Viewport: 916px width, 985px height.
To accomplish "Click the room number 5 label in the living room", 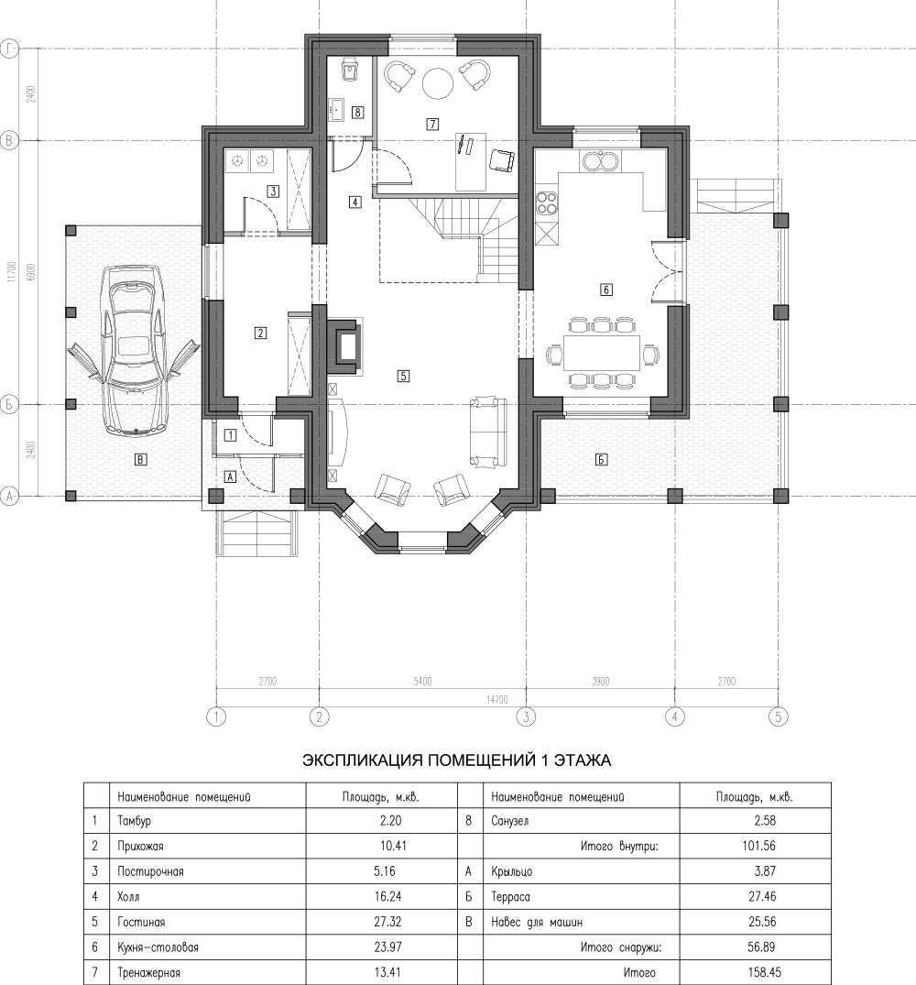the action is pos(404,376).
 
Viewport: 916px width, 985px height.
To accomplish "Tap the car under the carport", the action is pos(135,351).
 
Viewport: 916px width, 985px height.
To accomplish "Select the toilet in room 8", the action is pos(349,70).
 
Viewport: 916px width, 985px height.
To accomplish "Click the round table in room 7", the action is pos(437,82).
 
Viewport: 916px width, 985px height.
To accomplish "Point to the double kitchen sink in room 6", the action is pos(601,161).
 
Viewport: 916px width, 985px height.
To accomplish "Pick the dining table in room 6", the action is pos(602,353).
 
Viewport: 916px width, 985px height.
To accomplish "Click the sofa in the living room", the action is pos(489,432).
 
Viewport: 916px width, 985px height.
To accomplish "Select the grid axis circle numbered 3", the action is pos(526,717).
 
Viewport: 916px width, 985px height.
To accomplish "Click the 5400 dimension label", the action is pos(422,681).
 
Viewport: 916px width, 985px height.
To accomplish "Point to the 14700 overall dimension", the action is pos(497,699).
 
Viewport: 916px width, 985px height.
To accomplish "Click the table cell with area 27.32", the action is pos(388,922).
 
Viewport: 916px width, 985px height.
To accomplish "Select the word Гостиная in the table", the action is pos(141,922).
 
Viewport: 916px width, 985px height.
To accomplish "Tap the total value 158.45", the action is pos(765,972).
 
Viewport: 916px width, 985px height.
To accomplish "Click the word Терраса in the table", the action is pos(510,897).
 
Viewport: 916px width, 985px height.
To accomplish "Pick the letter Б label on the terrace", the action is pos(602,460).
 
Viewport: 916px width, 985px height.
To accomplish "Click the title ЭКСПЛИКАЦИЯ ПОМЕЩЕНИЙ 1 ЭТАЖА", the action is pos(457,761).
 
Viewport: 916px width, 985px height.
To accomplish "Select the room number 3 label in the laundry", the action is pos(273,191).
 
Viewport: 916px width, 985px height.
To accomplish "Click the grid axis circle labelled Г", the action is pos(9,49).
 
